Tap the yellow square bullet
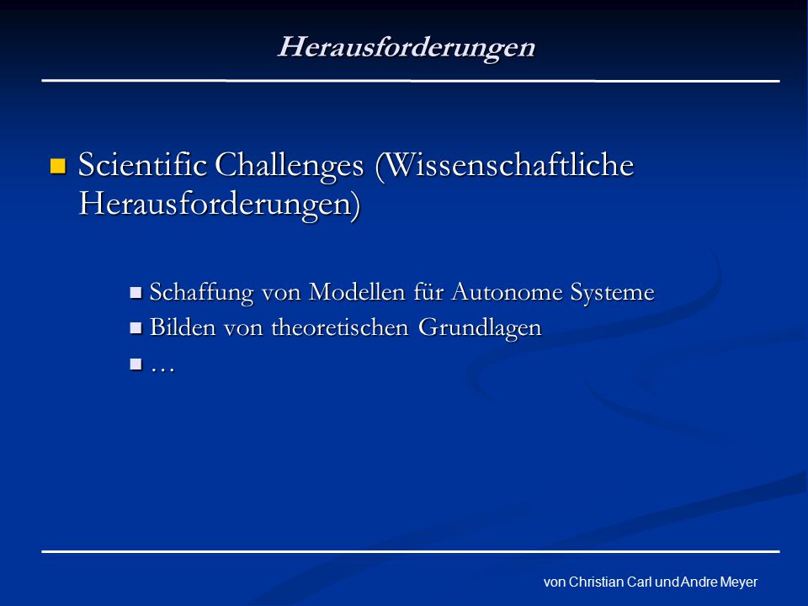[58, 166]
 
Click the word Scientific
[142, 165]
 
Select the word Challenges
[289, 167]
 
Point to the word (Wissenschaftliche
[505, 166]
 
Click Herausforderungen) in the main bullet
[220, 205]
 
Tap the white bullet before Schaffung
[136, 293]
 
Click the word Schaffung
[201, 293]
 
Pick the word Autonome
[508, 292]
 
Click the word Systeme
[612, 293]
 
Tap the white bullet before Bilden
[136, 328]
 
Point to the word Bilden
[183, 327]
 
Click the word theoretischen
[339, 327]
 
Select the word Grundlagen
[480, 328]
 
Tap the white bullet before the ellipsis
[136, 364]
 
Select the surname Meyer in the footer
[738, 582]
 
